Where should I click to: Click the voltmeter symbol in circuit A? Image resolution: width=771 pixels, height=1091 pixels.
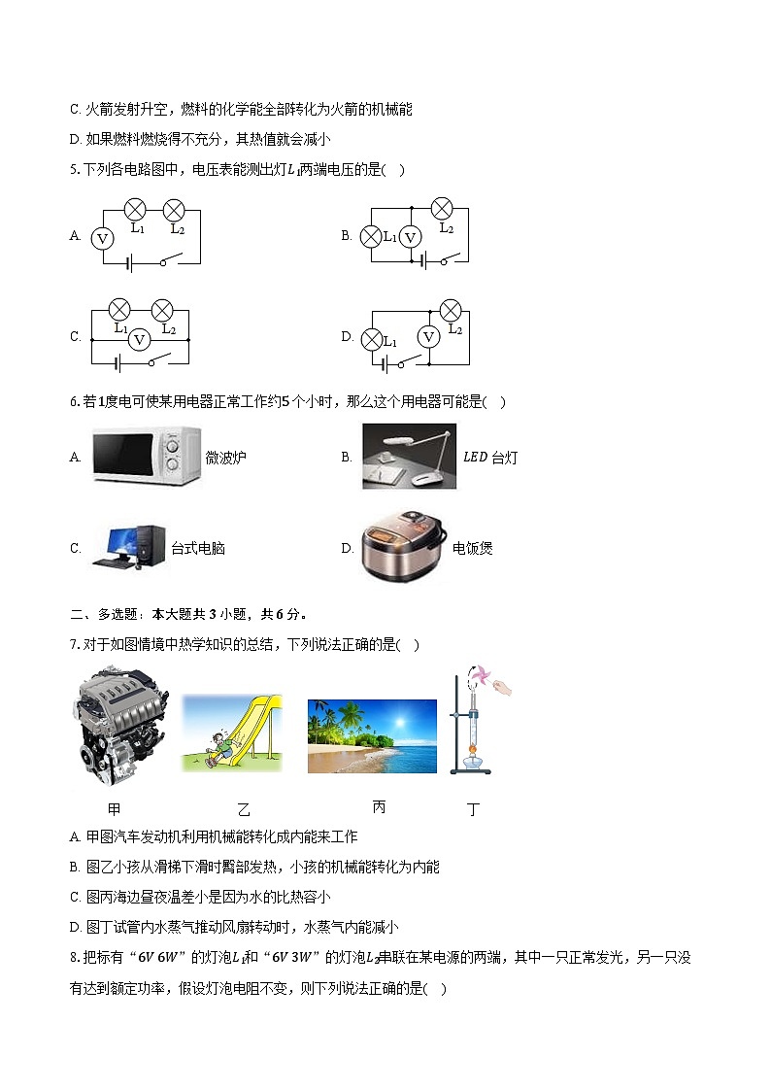[101, 237]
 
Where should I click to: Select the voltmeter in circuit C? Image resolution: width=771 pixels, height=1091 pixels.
[140, 339]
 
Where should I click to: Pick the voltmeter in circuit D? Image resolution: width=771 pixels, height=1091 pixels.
[428, 336]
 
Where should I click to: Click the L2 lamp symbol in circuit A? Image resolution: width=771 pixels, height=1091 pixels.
[175, 209]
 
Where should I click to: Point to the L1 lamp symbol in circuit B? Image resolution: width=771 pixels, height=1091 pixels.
[371, 236]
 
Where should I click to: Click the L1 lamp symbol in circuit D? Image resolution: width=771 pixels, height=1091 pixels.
[371, 339]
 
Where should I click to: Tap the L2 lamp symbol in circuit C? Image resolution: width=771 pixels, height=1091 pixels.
[164, 310]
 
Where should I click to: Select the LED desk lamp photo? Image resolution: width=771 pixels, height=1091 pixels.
[409, 456]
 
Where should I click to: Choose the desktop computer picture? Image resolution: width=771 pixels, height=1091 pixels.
[129, 546]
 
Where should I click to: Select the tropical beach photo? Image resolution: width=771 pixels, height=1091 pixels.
[372, 736]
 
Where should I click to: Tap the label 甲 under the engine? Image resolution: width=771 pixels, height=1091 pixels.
[115, 808]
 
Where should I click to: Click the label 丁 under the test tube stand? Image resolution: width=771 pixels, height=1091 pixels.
[474, 808]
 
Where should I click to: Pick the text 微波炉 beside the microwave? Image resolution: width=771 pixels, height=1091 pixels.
[226, 458]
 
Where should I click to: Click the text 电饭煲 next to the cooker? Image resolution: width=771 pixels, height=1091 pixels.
[473, 549]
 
